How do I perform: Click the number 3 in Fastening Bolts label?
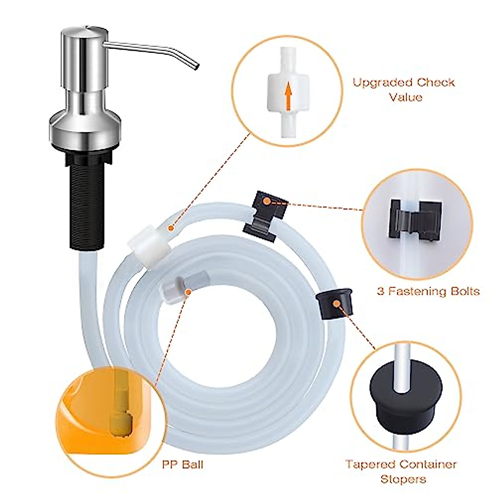click(x=381, y=291)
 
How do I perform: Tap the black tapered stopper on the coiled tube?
click(x=335, y=306)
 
